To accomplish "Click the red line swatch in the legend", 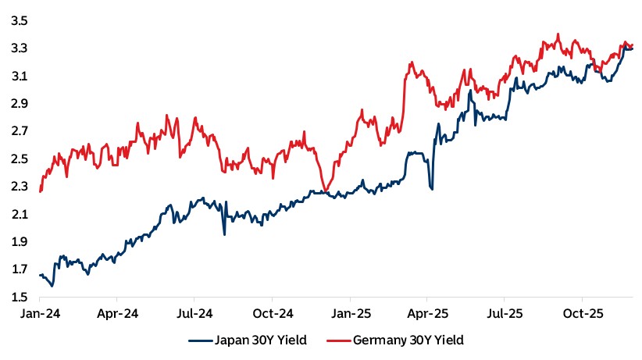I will tap(338, 341).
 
